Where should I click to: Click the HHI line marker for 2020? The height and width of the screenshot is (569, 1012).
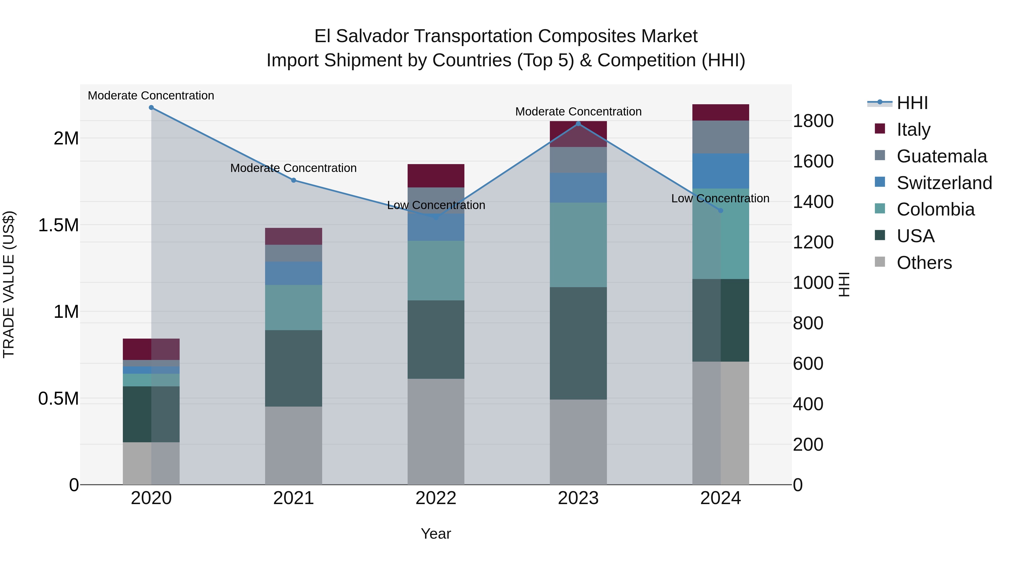pyautogui.click(x=151, y=108)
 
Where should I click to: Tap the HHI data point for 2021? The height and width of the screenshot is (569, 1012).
pyautogui.click(x=293, y=180)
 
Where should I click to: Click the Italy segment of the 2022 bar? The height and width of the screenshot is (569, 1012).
pyautogui.click(x=436, y=176)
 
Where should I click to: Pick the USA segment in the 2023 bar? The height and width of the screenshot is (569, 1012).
pyautogui.click(x=578, y=343)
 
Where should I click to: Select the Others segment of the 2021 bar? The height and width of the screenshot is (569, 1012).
pyautogui.click(x=293, y=445)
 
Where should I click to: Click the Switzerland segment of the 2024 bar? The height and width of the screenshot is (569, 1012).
pyautogui.click(x=720, y=171)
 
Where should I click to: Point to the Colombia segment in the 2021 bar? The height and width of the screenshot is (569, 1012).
pyautogui.click(x=293, y=307)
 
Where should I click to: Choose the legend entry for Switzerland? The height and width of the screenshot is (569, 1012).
pyautogui.click(x=944, y=183)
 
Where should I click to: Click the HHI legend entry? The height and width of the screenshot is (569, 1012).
pyautogui.click(x=912, y=103)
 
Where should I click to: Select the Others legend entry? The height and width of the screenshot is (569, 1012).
pyautogui.click(x=924, y=263)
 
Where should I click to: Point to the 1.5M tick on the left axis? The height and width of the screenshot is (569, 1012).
pyautogui.click(x=58, y=225)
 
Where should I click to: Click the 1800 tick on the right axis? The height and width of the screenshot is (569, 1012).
pyautogui.click(x=813, y=121)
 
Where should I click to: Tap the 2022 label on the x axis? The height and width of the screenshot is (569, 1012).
pyautogui.click(x=436, y=498)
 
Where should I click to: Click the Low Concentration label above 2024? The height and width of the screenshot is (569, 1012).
pyautogui.click(x=720, y=198)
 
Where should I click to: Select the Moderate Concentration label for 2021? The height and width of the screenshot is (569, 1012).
pyautogui.click(x=293, y=168)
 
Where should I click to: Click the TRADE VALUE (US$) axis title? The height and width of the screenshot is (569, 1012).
pyautogui.click(x=9, y=284)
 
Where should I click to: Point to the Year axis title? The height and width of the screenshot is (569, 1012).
pyautogui.click(x=436, y=534)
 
